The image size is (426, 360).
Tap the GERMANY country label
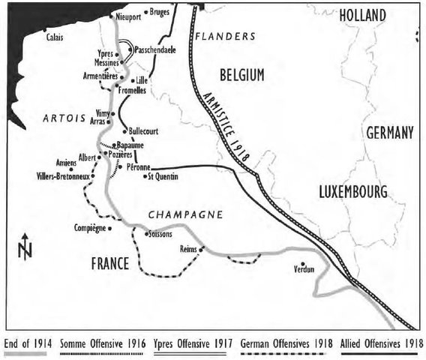click(x=389, y=133)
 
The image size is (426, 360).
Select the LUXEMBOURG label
click(x=352, y=191)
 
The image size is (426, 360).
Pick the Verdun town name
click(x=303, y=269)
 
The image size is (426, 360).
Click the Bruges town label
click(x=159, y=13)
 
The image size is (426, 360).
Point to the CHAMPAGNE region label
click(x=184, y=215)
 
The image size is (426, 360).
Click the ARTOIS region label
click(x=65, y=118)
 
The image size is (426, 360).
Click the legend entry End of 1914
click(x=27, y=343)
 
